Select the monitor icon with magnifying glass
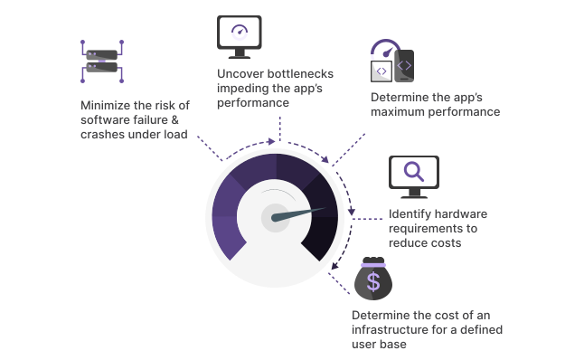pos(413,176)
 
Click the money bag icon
pos(372,279)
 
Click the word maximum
pos(400,112)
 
